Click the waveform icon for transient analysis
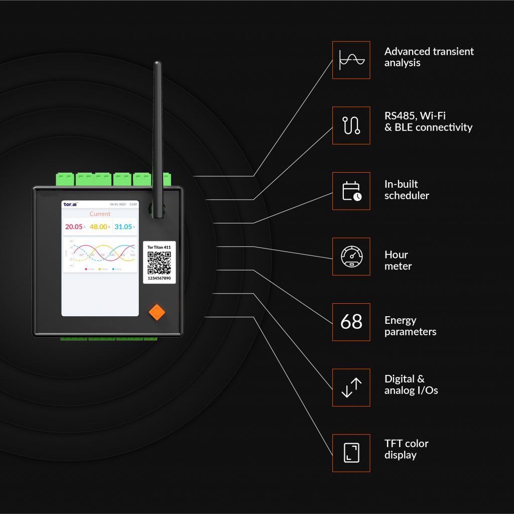pos(351,60)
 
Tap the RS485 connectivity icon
pos(351,125)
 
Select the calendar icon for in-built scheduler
pos(351,191)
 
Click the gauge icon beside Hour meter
pos(351,256)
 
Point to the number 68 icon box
pos(351,322)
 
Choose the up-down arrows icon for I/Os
pos(351,388)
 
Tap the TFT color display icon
pos(351,453)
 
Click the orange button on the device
pos(157,312)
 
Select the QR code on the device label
pos(159,262)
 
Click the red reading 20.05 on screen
pos(74,227)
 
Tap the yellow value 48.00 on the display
pos(98,227)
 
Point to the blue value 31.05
pos(123,227)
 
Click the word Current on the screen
pos(100,214)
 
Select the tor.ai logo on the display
pos(70,204)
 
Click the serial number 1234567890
pos(159,278)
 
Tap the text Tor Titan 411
pos(159,247)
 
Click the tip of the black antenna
pos(158,64)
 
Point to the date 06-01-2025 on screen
pos(118,205)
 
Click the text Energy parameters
pos(410,326)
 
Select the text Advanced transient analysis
pos(429,57)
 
